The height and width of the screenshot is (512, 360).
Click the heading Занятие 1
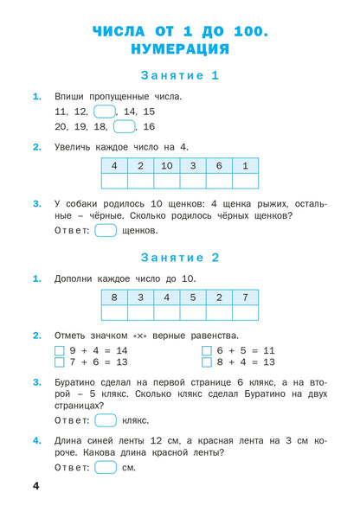pos(180,75)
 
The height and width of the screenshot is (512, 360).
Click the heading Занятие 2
pos(180,257)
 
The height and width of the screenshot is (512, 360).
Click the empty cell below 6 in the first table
pos(219,181)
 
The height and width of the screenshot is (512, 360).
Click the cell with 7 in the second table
pos(245,298)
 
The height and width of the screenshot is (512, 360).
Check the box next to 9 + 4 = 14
pos(60,350)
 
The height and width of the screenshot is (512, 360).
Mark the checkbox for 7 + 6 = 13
pos(60,362)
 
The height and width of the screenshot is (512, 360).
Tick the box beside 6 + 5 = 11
pos(207,350)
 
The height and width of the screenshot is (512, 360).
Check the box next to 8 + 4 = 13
pos(207,362)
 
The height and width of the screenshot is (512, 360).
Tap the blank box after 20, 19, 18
pos(124,126)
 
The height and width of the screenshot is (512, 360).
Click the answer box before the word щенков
pos(106,230)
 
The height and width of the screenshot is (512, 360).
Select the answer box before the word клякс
pos(106,419)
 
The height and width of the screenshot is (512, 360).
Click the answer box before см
pos(106,468)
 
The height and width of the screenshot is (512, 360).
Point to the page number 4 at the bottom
pos(35,490)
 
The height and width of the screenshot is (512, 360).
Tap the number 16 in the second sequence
pos(149,127)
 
